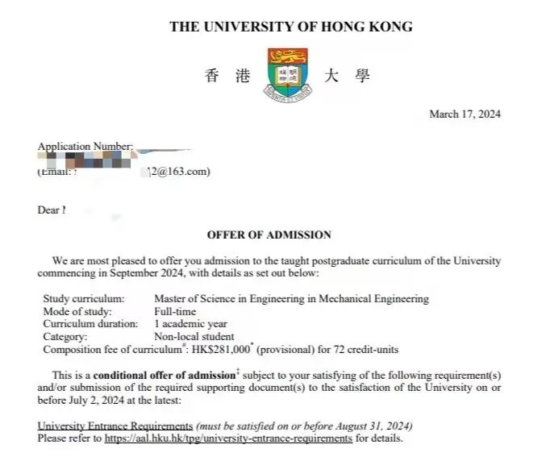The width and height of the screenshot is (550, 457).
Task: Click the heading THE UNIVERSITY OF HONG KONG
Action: point(290,27)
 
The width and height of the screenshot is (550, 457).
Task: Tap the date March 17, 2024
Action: point(465,114)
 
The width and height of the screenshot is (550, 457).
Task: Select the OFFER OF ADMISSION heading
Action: point(269,235)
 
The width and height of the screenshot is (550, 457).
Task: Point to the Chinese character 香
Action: point(212,77)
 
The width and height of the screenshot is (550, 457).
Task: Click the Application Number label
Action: point(85,147)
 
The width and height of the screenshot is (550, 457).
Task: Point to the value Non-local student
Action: point(194,336)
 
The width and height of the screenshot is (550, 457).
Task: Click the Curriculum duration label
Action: point(85,324)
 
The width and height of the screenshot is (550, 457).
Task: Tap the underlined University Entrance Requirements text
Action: point(115,426)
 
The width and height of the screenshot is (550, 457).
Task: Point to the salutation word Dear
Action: point(48,210)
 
